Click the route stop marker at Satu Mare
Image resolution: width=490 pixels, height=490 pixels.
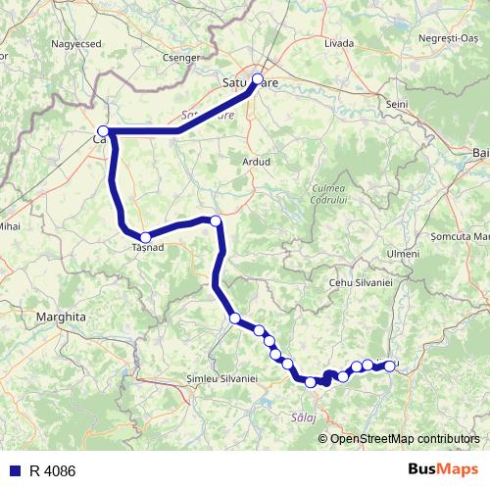[x=258, y=79]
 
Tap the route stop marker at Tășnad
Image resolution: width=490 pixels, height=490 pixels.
[x=145, y=237]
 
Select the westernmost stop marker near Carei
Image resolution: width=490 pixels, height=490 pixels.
[x=102, y=131]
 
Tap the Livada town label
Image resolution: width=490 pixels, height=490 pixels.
[x=338, y=44]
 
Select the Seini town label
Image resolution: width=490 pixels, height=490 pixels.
[x=397, y=104]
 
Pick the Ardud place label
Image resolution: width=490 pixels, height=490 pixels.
[x=255, y=161]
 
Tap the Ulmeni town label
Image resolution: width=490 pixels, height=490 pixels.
[x=403, y=254]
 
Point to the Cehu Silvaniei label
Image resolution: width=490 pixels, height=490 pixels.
[x=360, y=282]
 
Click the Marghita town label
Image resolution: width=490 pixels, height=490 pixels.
[x=62, y=318]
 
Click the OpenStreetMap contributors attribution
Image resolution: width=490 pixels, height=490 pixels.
[x=405, y=439]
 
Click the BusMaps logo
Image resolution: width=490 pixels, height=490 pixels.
[x=444, y=470]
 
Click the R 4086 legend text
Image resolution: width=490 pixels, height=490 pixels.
[x=52, y=471]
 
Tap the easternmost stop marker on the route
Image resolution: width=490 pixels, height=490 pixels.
[x=390, y=366]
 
